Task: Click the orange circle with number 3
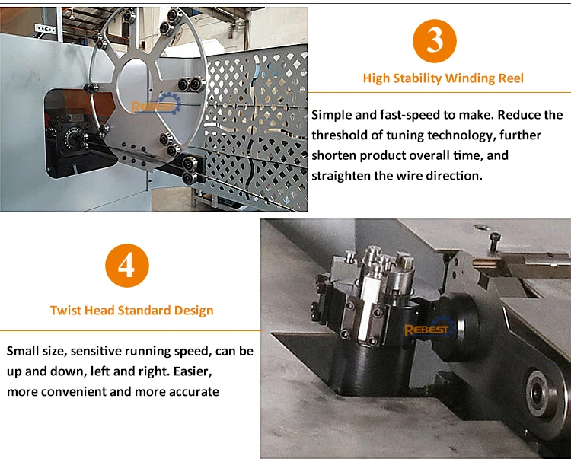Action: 435,41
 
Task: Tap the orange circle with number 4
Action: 127,266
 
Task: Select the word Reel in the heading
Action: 511,78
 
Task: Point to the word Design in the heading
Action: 193,311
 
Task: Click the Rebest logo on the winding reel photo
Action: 156,104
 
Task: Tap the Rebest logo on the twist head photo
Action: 429,327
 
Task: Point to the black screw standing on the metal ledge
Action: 496,242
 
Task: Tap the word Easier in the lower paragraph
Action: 193,371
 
